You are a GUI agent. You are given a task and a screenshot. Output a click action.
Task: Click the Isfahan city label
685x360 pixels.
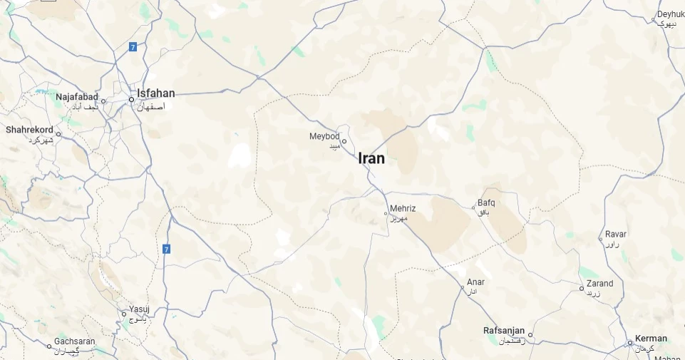pos(156,93)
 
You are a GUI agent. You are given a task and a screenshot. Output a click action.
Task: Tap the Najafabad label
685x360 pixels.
pos(78,96)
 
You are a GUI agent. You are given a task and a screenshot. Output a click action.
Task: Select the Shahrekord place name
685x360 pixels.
pos(29,130)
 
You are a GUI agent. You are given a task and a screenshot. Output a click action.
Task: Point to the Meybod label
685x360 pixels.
pos(324,136)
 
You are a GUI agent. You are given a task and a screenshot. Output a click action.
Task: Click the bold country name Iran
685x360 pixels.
pos(371,158)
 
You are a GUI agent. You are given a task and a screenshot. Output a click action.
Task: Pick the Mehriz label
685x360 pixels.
pos(403,209)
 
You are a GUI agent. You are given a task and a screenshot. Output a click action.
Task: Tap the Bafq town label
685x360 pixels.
pos(486,202)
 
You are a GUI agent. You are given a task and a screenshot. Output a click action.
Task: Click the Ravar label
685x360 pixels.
pos(616,234)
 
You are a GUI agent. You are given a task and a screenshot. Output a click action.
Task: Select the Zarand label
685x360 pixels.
pos(599,284)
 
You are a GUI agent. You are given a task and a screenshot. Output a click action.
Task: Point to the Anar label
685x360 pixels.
pos(475,282)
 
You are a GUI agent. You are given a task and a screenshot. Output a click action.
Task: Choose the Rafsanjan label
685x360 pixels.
pos(504,331)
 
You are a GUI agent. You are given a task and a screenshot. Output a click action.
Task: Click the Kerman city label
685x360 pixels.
pos(651,339)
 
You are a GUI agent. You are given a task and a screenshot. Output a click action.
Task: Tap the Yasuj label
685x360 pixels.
pos(139,310)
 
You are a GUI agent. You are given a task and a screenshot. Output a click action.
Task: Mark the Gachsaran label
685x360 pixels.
pos(75,341)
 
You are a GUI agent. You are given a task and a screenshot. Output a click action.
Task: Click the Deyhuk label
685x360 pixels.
pos(671,14)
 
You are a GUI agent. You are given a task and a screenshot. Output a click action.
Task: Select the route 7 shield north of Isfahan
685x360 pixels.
pos(133,47)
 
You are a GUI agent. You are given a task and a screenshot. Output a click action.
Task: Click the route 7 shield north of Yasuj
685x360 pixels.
pos(166,249)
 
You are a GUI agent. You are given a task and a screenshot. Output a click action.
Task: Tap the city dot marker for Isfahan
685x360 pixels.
pos(131,100)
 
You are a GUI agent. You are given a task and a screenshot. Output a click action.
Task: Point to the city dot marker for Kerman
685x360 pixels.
pos(630,343)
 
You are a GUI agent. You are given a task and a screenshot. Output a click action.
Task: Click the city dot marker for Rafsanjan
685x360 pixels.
pos(530,334)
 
